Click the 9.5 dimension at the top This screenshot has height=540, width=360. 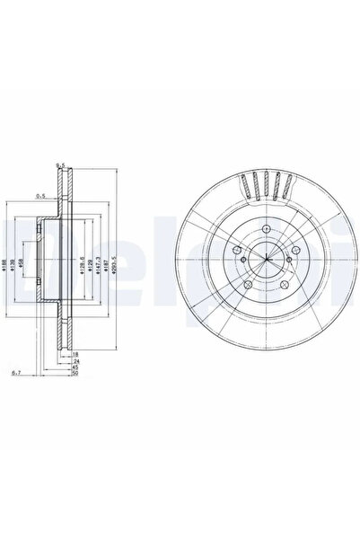click(x=61, y=164)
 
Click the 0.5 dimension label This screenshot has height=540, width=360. click(x=40, y=194)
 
